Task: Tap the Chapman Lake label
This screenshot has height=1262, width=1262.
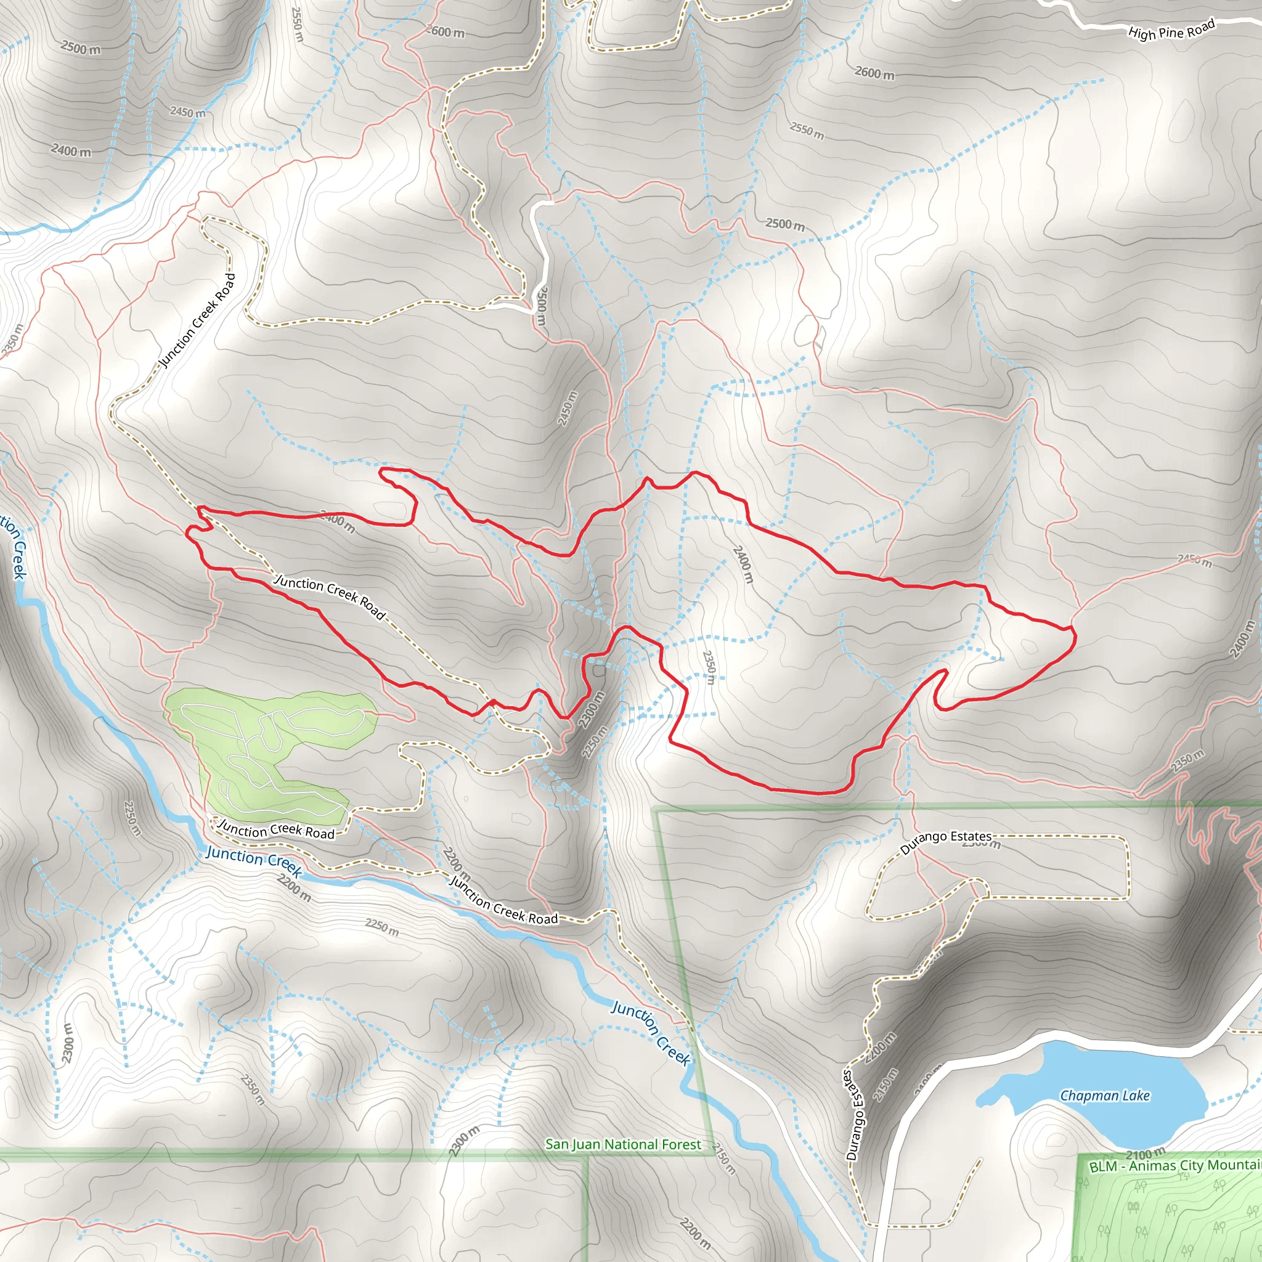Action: coord(1105,1096)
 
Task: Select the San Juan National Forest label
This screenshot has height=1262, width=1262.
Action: coord(622,1144)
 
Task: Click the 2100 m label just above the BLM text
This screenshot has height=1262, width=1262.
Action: coord(1145,1154)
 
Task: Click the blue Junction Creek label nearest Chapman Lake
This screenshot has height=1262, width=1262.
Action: coord(651,1033)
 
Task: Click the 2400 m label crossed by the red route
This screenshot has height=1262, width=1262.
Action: coord(338,522)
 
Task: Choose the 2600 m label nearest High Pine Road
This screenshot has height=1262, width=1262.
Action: coord(874,73)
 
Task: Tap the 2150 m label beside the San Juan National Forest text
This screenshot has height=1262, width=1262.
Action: coord(724,1159)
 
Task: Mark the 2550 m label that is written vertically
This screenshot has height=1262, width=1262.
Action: coord(297,24)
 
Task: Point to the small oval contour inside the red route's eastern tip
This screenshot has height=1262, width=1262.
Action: coord(1030,646)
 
